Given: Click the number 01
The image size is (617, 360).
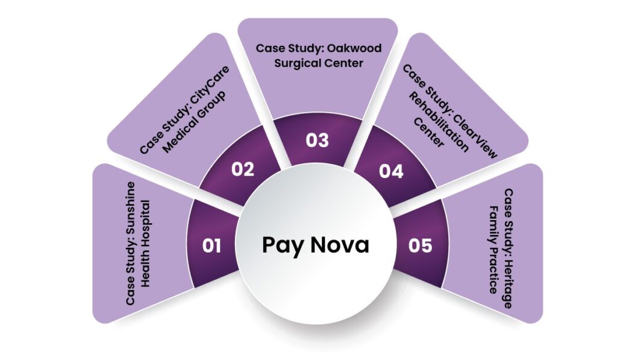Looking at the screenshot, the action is pyautogui.click(x=211, y=246).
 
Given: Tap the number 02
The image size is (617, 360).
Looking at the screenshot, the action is pyautogui.click(x=243, y=169).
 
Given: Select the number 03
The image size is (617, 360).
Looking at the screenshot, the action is pyautogui.click(x=317, y=141).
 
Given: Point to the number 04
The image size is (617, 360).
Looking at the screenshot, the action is pyautogui.click(x=391, y=171).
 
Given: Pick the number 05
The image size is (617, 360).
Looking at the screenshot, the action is pyautogui.click(x=420, y=246).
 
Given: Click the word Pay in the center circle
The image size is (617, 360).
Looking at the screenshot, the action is pyautogui.click(x=282, y=245).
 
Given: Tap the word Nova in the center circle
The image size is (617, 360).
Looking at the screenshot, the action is pyautogui.click(x=340, y=245).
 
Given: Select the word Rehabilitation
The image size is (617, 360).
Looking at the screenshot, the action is pyautogui.click(x=439, y=122).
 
